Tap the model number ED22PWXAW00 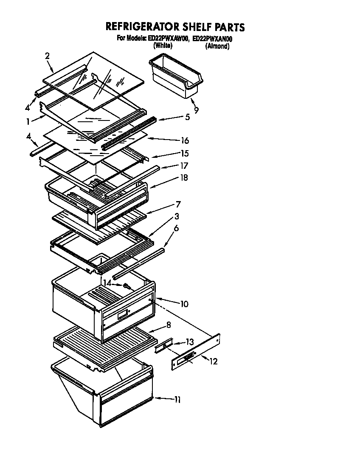(167, 39)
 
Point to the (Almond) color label (217, 46)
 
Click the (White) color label (163, 46)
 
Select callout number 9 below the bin (196, 110)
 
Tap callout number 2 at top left (47, 56)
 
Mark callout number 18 (184, 178)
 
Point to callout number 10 (184, 304)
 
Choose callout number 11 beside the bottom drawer (177, 400)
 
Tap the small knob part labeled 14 (127, 286)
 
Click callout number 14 (107, 283)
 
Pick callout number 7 (179, 204)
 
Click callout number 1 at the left (28, 121)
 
